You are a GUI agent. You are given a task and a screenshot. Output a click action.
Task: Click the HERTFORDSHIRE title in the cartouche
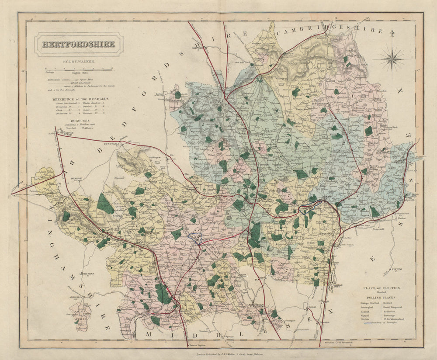(79, 45)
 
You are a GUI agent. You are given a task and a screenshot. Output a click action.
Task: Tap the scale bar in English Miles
(79, 69)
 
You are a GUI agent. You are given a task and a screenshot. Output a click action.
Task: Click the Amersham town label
(75, 294)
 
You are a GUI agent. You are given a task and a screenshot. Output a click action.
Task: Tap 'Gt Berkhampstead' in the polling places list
(396, 319)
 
